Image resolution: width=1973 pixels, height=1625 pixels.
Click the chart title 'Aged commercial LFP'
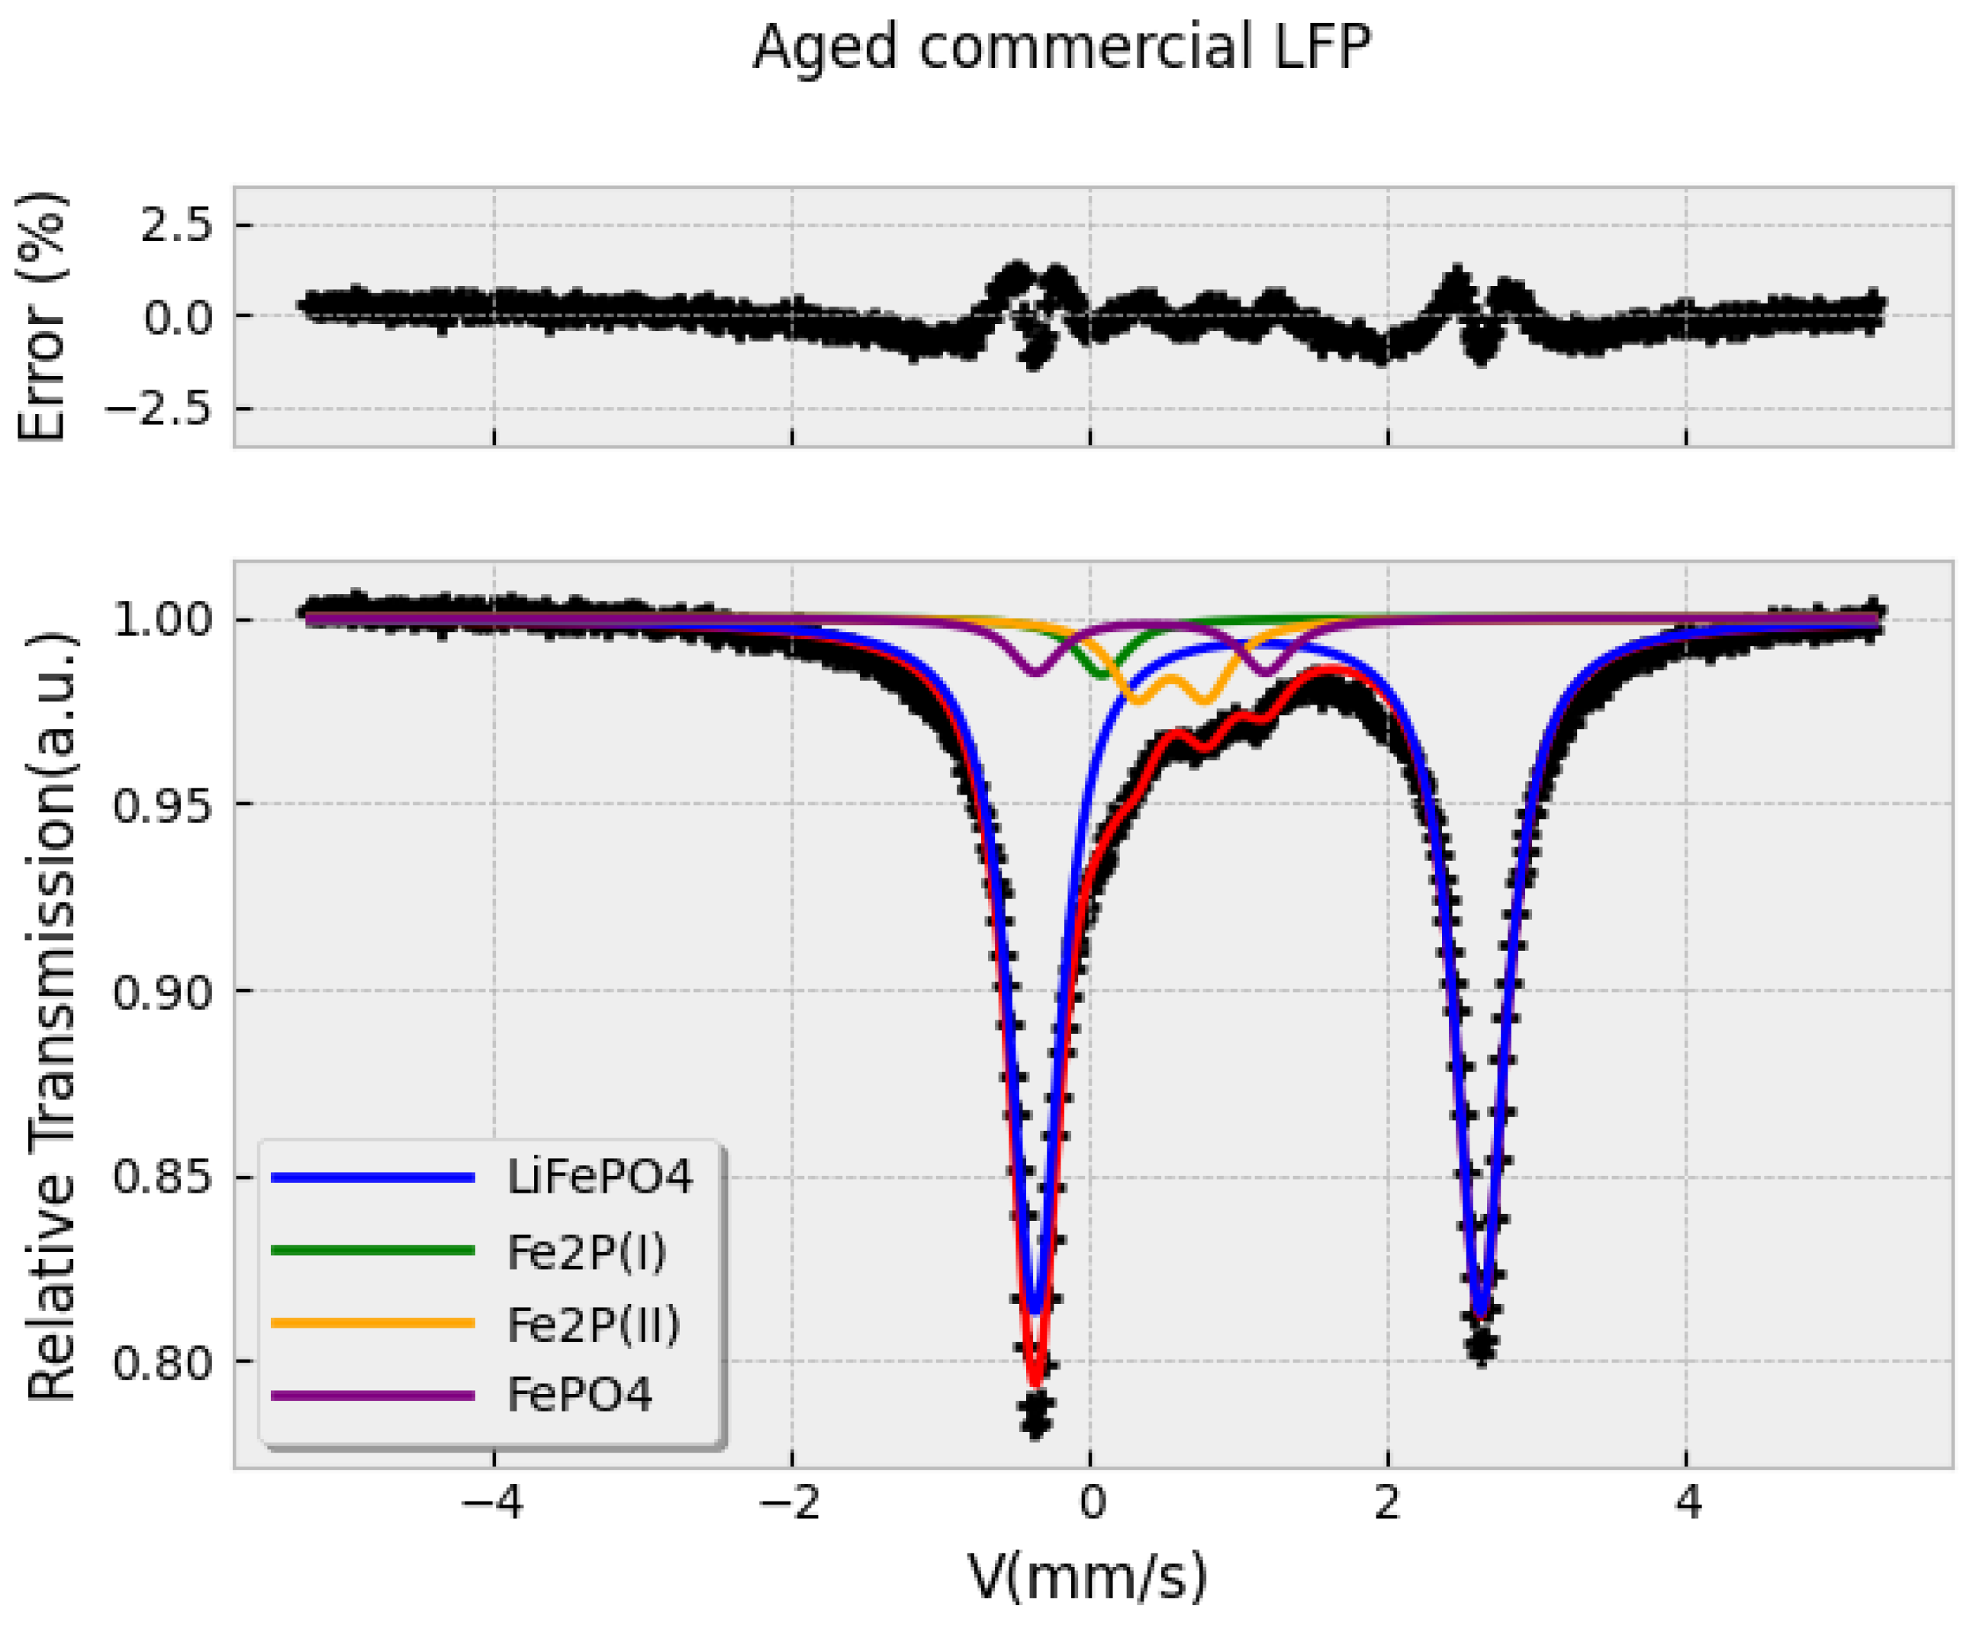coord(1061,47)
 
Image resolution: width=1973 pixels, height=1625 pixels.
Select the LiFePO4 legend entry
coord(599,1177)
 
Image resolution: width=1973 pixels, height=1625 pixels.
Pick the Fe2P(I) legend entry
coord(586,1251)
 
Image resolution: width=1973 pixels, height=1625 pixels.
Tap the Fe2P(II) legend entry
coord(594,1324)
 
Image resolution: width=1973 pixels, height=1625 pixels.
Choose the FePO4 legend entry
coord(578,1395)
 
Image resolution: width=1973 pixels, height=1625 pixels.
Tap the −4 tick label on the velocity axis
coord(494,1505)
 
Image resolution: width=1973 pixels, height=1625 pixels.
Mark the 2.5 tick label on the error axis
coord(177,226)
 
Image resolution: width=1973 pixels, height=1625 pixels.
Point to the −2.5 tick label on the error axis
coord(158,409)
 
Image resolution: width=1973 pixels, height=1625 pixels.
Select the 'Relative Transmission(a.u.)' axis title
coord(52,1016)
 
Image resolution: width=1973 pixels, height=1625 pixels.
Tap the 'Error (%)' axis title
coord(42,316)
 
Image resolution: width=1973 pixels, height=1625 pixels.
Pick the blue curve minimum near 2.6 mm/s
coord(1480,1315)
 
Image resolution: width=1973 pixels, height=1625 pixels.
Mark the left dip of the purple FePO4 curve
coord(1035,672)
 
